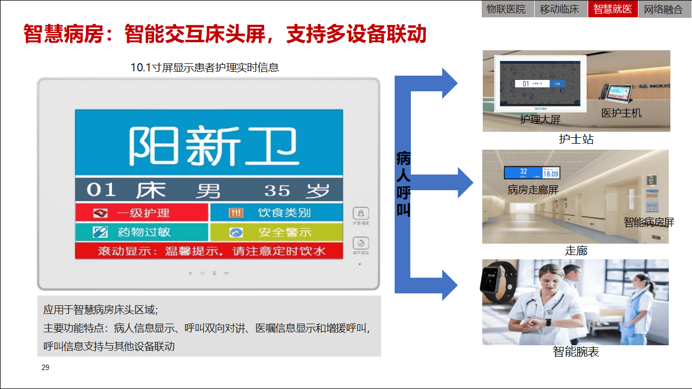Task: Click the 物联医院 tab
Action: tap(506, 9)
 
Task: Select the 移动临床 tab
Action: tap(560, 9)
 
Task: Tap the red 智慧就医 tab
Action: tap(613, 9)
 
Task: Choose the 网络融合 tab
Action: tap(663, 9)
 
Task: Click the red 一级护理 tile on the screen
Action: tap(141, 213)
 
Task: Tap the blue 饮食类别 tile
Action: tap(276, 213)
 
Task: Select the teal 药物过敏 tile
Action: tap(141, 232)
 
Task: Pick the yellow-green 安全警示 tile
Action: tap(276, 232)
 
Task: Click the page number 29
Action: tap(45, 368)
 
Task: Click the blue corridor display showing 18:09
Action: tap(532, 172)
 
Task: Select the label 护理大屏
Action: tap(540, 119)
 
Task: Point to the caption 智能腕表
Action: tap(576, 352)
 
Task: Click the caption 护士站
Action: tap(576, 139)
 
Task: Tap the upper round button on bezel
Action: tap(361, 213)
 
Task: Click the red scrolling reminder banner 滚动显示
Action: tap(209, 251)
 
